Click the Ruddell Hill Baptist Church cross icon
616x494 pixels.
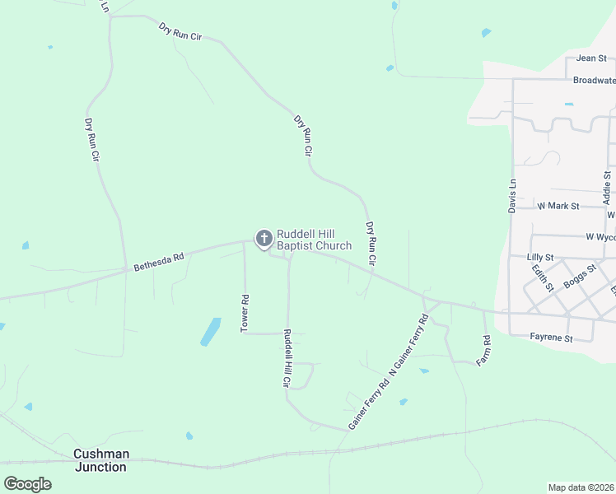(x=264, y=239)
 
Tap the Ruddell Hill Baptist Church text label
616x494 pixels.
(x=314, y=240)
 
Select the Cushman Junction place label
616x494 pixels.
(x=100, y=460)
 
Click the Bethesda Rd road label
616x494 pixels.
(x=158, y=262)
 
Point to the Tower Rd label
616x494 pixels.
(x=245, y=314)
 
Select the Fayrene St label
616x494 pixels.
(x=551, y=338)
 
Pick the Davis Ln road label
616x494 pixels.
(x=512, y=196)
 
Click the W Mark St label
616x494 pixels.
(x=558, y=206)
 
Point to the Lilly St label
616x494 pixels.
(x=539, y=258)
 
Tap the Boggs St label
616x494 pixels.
(x=579, y=277)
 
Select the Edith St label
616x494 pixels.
(x=541, y=278)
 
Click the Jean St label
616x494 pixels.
(x=590, y=58)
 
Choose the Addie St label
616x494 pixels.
(x=607, y=188)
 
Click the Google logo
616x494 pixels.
(x=27, y=484)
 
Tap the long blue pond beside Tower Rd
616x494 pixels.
(x=211, y=331)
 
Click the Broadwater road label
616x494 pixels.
(x=594, y=81)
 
